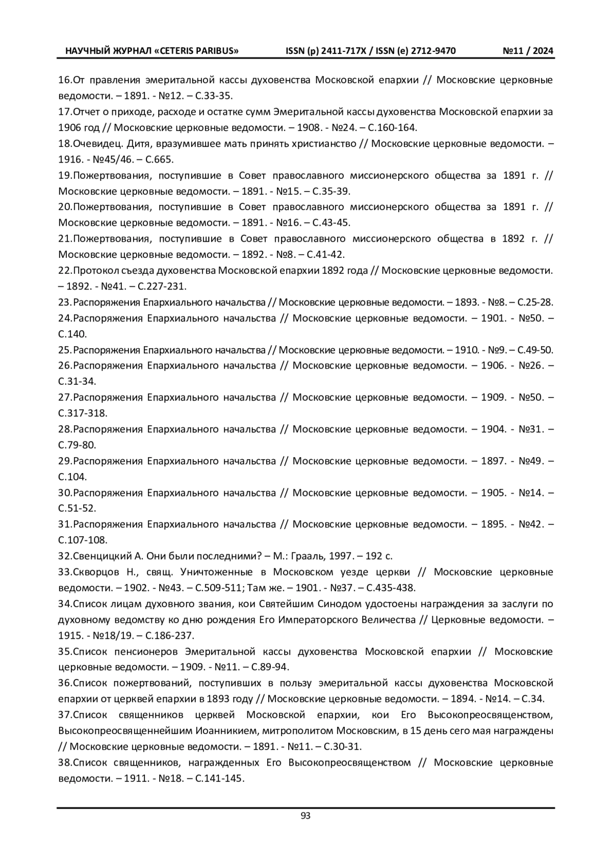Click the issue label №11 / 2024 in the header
[x=528, y=51]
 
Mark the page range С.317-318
[x=83, y=413]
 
